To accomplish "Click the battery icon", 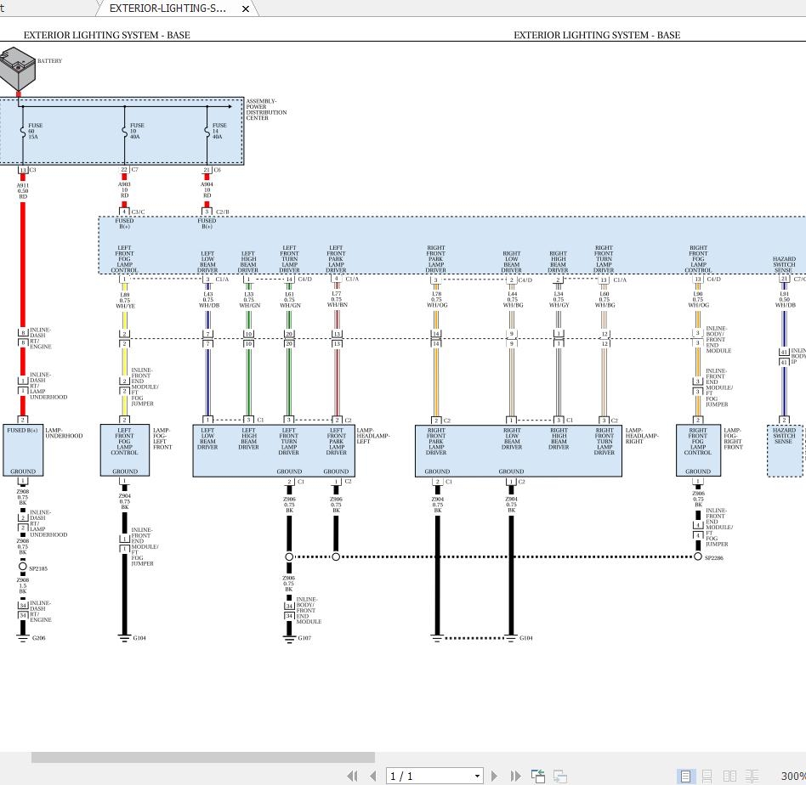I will tap(17, 70).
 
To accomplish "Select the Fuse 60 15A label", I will tap(35, 131).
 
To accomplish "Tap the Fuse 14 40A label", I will tap(219, 131).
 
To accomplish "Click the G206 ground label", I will tap(39, 638).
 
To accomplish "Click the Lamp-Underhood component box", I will tap(23, 450).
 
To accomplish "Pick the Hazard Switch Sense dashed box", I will tap(784, 450).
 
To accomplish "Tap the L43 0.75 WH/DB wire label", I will tap(207, 300).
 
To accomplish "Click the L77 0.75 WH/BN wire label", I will tap(337, 299).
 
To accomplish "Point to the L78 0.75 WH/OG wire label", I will tap(436, 300).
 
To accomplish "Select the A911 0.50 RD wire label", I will tap(23, 191).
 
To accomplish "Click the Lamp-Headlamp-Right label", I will tap(642, 436).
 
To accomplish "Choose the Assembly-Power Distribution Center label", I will tap(266, 110).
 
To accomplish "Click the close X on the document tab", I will tap(246, 8).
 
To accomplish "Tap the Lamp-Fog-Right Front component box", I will tap(698, 450).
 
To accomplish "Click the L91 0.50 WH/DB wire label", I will tap(785, 300).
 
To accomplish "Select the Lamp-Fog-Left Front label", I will tap(162, 438).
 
